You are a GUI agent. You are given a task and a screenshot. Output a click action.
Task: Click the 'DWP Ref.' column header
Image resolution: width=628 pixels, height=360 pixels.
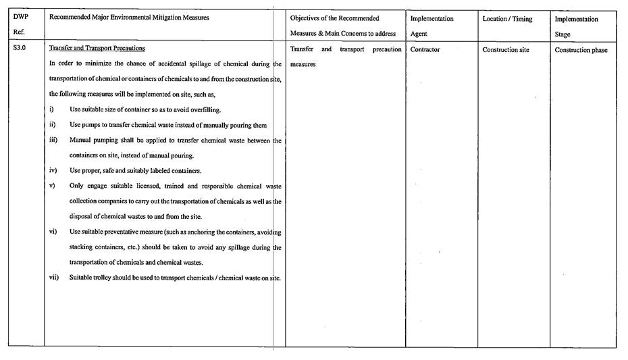click(21, 25)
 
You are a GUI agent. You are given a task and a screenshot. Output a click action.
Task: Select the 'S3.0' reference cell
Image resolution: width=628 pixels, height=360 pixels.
click(20, 49)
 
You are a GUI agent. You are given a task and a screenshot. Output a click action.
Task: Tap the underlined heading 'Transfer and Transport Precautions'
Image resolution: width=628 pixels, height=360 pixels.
click(97, 49)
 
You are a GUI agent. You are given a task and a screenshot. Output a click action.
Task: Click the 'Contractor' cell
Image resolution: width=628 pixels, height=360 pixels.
click(425, 50)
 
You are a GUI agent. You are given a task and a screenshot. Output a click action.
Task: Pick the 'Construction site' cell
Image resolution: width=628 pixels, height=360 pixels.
click(506, 50)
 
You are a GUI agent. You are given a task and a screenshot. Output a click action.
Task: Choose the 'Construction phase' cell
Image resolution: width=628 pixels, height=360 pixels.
click(581, 50)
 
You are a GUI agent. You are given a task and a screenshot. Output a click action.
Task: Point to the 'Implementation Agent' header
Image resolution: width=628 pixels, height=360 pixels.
click(431, 26)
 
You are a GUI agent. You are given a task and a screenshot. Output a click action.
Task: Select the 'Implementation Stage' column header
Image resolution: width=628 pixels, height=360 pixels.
click(576, 26)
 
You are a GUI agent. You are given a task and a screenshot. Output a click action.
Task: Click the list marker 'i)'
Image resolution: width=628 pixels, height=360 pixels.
click(52, 109)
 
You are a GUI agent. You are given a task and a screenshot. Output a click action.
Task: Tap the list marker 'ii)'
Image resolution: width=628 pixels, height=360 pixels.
click(53, 125)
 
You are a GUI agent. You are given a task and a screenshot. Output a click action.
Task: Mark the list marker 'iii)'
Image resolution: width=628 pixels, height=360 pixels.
click(53, 140)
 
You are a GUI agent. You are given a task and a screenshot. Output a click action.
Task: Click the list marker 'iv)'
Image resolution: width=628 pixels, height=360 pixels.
click(53, 171)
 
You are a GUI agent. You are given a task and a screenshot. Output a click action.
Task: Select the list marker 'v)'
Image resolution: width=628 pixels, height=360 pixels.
click(52, 186)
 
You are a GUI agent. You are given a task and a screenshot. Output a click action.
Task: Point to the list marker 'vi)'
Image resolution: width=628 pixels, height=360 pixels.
click(53, 232)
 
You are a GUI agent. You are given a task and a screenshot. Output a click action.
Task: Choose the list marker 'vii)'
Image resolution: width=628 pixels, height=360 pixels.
click(54, 278)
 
